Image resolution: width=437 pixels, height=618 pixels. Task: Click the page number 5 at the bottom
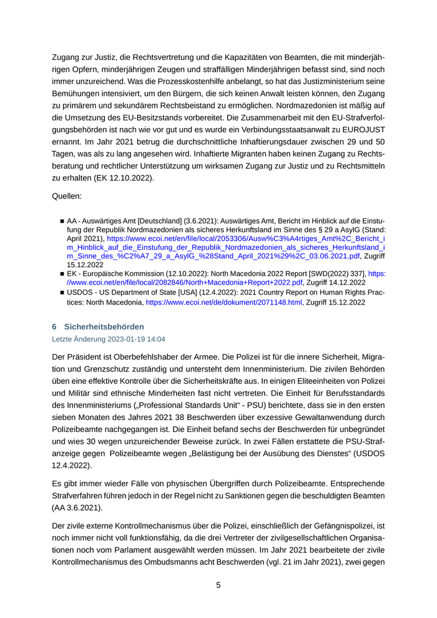[219, 585]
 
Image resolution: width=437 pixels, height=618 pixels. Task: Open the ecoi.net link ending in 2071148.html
[224, 302]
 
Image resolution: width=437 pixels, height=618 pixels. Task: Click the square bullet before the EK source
[62, 274]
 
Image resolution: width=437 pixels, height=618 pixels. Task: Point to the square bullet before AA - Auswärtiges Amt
[62, 222]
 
